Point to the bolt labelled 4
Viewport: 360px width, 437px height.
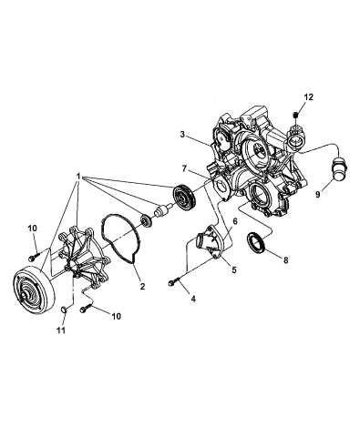coord(173,284)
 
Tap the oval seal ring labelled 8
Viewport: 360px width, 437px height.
coord(259,243)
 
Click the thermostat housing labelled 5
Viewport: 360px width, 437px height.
coord(211,247)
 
